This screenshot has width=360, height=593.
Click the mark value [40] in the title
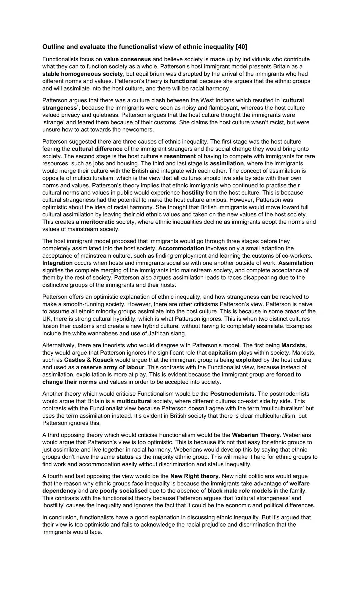coord(241,47)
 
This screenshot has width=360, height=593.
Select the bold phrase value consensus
coord(127,59)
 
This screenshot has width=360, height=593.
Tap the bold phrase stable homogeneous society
coord(82,74)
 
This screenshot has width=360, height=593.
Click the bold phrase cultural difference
coord(97,149)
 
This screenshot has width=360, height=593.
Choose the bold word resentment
coord(180,156)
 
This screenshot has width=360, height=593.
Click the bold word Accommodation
coord(181,248)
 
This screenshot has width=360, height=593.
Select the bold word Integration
coord(57,263)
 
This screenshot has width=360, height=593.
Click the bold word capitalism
coord(222,353)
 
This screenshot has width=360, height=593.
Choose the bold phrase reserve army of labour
coord(112,367)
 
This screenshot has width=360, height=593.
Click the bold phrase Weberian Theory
coord(256,435)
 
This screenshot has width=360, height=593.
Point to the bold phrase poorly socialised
coord(123,491)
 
